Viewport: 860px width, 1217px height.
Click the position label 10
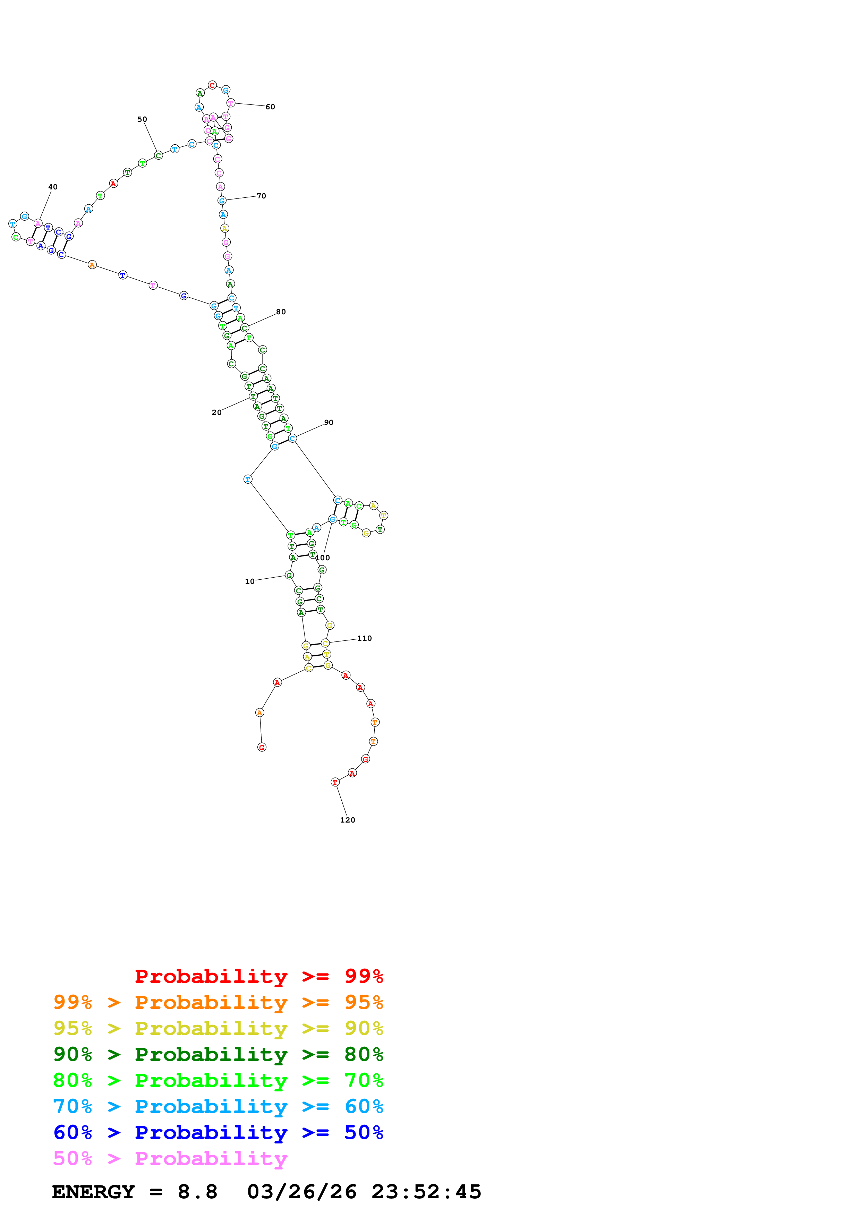[x=249, y=581]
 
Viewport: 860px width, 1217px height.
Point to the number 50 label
[x=142, y=119]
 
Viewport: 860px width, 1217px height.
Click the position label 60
[x=270, y=107]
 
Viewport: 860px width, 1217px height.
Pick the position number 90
[x=329, y=423]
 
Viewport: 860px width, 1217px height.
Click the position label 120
[x=348, y=820]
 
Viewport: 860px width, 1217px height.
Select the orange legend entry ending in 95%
[x=218, y=1002]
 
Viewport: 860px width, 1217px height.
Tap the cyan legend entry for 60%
[x=218, y=1106]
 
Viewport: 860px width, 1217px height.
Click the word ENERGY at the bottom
[x=93, y=1192]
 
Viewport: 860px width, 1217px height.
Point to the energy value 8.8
[x=197, y=1192]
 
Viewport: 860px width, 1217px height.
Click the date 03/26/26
[x=301, y=1192]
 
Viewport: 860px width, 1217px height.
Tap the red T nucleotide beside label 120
[x=335, y=782]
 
